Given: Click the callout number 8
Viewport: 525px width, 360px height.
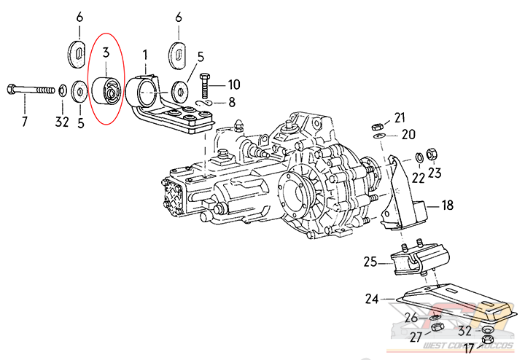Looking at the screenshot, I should pyautogui.click(x=232, y=102).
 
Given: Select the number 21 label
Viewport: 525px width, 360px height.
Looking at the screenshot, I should pyautogui.click(x=399, y=117).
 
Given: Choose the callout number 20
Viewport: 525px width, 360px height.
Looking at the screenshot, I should pyautogui.click(x=408, y=134).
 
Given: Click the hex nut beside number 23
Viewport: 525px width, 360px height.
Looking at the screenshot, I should pyautogui.click(x=431, y=154).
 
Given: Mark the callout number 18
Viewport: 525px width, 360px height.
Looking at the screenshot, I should pyautogui.click(x=446, y=206).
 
